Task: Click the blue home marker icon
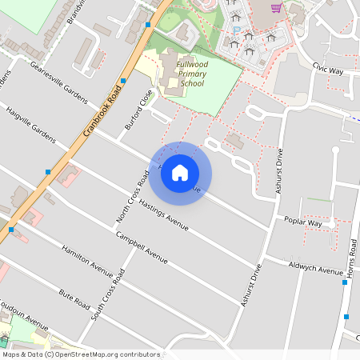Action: click(x=180, y=173)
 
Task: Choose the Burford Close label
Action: click(x=138, y=110)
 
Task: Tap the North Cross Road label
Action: click(x=133, y=198)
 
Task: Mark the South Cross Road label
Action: click(x=108, y=295)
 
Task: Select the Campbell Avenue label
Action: click(x=142, y=247)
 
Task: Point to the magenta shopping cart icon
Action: click(x=276, y=8)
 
